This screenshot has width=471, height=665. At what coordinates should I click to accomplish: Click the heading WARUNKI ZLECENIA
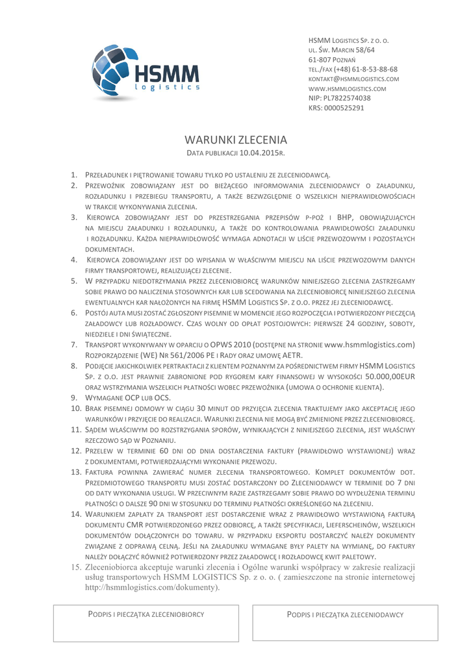click(235, 140)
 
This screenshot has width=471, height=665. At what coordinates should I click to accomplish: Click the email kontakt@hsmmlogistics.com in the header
click(353, 79)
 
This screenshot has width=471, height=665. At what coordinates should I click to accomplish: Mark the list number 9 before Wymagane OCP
click(75, 397)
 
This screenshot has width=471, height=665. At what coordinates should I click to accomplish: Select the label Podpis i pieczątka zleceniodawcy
click(345, 614)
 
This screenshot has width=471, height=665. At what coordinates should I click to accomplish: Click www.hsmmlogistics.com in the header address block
click(347, 88)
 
